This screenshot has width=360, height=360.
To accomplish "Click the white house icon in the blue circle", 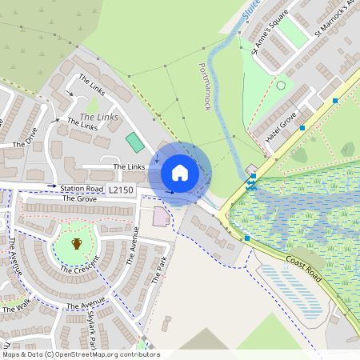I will coord(180,172).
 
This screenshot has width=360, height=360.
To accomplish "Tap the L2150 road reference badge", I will coord(120,190).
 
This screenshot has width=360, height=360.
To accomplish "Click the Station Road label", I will coord(82,189).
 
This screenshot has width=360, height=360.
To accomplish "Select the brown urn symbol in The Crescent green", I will coord(77,242).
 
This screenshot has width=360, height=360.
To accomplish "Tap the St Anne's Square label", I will coord(269,38).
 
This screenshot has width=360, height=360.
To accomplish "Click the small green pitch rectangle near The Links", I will coord(134,142).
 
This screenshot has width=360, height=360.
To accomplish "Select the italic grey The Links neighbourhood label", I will coord(99,118).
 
